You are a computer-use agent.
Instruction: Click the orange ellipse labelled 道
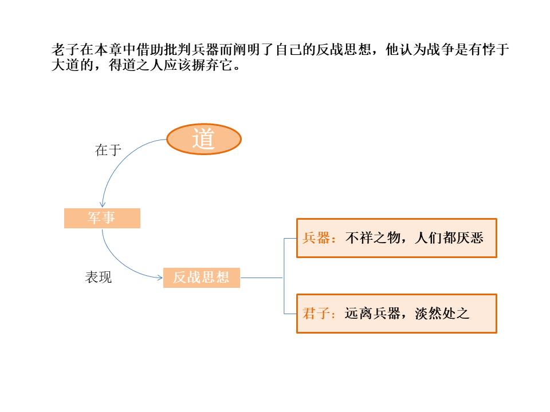pyautogui.click(x=203, y=139)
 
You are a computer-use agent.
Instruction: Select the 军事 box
pyautogui.click(x=102, y=219)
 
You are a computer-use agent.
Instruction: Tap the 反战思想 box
pyautogui.click(x=201, y=278)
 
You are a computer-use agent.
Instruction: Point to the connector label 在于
pyautogui.click(x=108, y=150)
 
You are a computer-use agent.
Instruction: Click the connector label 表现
pyautogui.click(x=99, y=278)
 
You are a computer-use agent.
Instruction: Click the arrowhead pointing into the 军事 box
pyautogui.click(x=102, y=204)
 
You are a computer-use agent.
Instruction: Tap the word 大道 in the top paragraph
pyautogui.click(x=65, y=65)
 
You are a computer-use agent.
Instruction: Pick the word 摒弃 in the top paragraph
pyautogui.click(x=205, y=65)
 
